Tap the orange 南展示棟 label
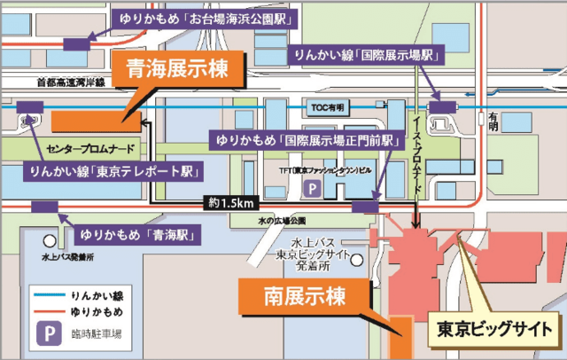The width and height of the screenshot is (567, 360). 299,295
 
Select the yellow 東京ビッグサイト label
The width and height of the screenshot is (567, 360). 494,332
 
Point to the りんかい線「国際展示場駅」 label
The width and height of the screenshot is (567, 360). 365,56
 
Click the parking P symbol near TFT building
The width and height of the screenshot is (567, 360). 311,187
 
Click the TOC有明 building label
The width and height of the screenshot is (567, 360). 325,107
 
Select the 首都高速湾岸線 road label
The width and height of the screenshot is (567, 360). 70,82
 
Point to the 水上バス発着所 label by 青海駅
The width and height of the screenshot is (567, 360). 67,257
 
